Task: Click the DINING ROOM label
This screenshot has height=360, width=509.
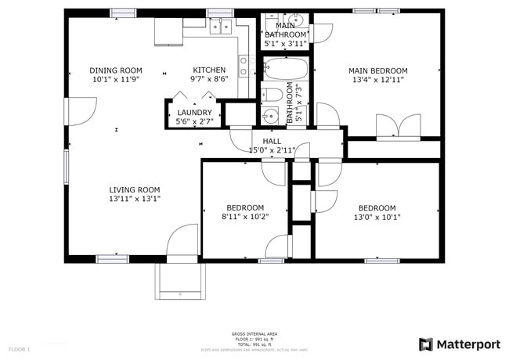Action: [x=116, y=70]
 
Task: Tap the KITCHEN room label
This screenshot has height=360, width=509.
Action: [x=209, y=70]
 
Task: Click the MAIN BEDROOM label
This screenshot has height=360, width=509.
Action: [x=377, y=70]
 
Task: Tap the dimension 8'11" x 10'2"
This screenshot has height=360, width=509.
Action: [x=245, y=217]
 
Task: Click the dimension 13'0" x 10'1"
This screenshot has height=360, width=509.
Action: [x=377, y=217]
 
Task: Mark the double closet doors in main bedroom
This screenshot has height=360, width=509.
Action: [x=398, y=127]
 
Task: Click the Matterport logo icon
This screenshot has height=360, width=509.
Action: [x=426, y=344]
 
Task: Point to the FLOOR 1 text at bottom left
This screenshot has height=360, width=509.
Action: [x=20, y=348]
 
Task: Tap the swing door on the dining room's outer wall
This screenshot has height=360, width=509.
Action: [x=79, y=111]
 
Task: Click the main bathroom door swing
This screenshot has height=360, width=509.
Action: [x=321, y=32]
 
